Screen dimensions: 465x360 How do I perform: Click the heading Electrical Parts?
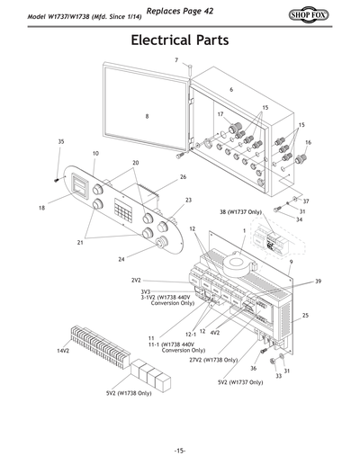click(179, 41)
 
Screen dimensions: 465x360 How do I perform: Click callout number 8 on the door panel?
click(147, 116)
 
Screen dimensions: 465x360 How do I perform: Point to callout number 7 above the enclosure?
click(176, 59)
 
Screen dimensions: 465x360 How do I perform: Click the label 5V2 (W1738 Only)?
click(128, 393)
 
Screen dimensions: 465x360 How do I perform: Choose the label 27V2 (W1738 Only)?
click(213, 359)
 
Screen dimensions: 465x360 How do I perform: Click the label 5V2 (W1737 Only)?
click(240, 382)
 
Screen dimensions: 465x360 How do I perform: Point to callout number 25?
click(305, 316)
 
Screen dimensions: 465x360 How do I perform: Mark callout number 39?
click(318, 282)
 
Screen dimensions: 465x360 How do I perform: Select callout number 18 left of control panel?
click(41, 208)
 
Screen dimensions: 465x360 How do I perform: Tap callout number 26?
click(183, 177)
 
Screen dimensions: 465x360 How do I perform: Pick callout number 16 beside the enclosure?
click(308, 142)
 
